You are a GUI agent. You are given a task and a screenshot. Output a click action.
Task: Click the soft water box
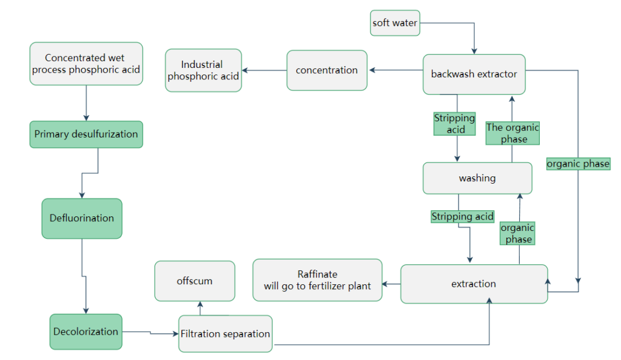point(394,23)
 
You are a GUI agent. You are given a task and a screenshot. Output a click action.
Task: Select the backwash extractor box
point(474,74)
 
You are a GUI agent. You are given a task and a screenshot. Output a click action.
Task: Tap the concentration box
point(326,70)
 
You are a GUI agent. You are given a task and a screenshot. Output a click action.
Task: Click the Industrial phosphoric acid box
point(203,70)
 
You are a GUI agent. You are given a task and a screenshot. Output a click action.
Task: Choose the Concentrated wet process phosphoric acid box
point(86,64)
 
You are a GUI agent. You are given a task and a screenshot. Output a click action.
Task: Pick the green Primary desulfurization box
point(86,134)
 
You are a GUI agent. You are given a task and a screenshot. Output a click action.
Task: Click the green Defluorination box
point(82,218)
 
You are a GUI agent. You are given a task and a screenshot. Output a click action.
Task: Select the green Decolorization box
point(86,332)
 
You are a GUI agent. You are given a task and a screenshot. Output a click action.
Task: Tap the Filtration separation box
point(225,333)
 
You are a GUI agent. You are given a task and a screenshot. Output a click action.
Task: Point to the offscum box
point(194,281)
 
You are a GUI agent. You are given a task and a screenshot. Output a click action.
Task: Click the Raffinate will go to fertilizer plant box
point(317,280)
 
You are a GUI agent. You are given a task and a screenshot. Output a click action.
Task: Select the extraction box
point(474,284)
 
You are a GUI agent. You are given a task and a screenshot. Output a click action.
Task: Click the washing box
point(477,178)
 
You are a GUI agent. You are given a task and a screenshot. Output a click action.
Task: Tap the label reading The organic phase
point(512,133)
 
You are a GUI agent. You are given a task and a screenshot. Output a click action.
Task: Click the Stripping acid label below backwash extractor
point(454,124)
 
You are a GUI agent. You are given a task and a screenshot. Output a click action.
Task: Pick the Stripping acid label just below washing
point(462,216)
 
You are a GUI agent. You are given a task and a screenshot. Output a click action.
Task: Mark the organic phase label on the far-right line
point(577,164)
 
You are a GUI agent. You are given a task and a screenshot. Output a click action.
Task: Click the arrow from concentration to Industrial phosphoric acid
point(264,70)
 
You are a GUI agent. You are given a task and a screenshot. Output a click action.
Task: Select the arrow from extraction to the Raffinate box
point(391,284)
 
